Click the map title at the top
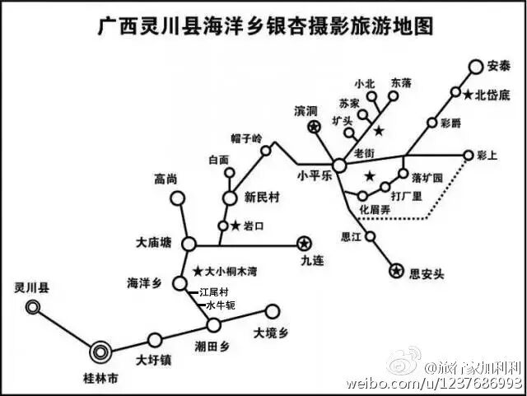coord(264,27)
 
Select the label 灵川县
coord(32,288)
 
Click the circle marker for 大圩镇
coord(154,338)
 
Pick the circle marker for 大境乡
coord(272,311)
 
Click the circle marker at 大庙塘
coord(189,244)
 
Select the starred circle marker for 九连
coord(304,243)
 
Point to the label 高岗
coord(166,178)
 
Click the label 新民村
coord(263,198)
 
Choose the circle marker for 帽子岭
coord(266,151)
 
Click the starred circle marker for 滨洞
coord(314,127)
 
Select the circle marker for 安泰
coord(476,67)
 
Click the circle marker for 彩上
coord(469,155)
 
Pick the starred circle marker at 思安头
coord(396,271)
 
